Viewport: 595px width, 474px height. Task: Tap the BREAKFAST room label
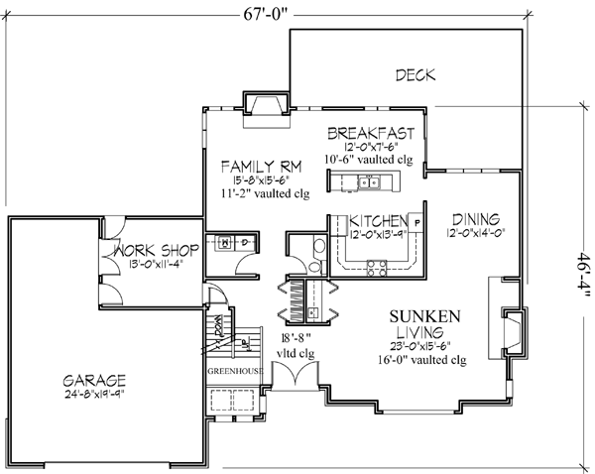point(369,132)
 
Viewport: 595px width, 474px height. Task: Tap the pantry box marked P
point(416,221)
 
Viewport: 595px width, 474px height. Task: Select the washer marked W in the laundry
point(226,241)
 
